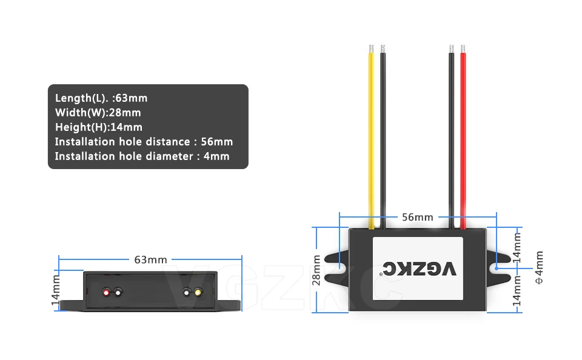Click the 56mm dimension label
pos(418,217)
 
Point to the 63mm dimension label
pos(150,259)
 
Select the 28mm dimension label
pos(316,270)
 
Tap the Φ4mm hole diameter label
pos(540,267)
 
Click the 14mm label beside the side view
pos(55,290)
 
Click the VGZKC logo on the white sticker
pos(419,269)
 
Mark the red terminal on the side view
pos(106,293)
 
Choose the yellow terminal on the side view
pos(198,293)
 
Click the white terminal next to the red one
pos(118,293)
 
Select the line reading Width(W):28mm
pos(98,113)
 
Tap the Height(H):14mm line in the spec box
pos(99,127)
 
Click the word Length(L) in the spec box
pos(80,98)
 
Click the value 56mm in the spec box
pos(217,142)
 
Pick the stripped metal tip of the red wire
pos(463,49)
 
